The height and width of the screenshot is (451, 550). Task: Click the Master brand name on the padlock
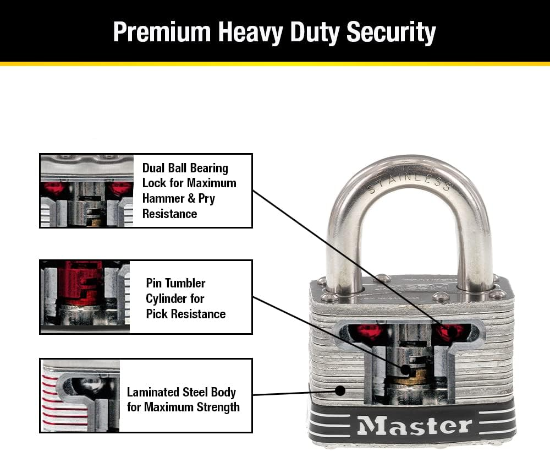pos(414,426)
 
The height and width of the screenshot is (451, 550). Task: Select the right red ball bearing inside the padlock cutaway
pos(450,332)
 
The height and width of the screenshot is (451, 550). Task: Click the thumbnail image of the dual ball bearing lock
pos(87,191)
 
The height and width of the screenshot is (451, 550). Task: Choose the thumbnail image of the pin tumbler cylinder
pos(85,297)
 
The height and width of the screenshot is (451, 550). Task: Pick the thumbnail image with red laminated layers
pos(80,395)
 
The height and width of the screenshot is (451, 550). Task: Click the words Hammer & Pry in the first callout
pos(178,198)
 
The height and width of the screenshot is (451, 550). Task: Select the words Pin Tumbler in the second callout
pos(175,283)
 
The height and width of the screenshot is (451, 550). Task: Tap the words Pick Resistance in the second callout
pos(185,314)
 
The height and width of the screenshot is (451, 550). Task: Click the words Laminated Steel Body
pos(181,392)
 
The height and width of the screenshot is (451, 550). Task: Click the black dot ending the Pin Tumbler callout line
pos(404,370)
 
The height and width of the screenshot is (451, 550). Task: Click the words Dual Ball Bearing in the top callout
pos(185,168)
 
